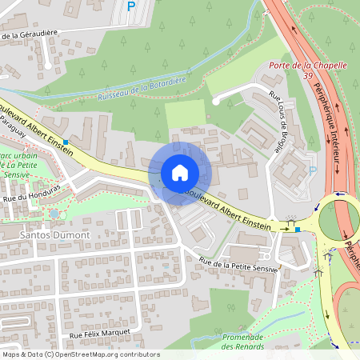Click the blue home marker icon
click(x=180, y=173)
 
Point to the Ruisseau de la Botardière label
click(x=141, y=89)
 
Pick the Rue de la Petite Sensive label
click(x=238, y=264)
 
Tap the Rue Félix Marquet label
click(x=100, y=334)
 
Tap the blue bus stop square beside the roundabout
click(x=298, y=230)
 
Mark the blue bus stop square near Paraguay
click(x=66, y=142)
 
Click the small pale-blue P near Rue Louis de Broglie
click(x=313, y=169)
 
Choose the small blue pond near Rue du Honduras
click(x=54, y=214)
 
